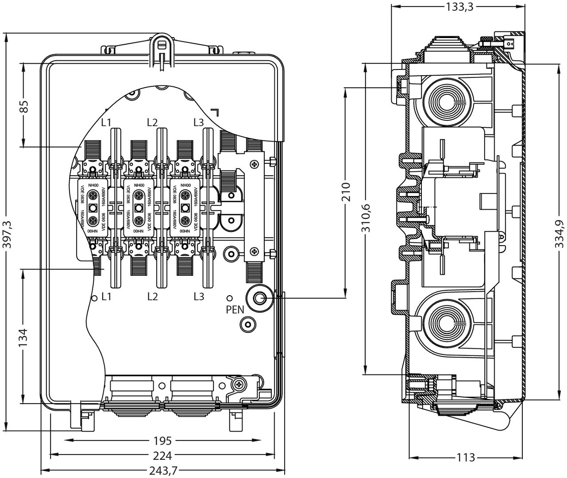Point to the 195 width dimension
click(x=162, y=441)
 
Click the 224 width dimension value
click(x=162, y=455)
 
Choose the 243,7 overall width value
click(x=162, y=470)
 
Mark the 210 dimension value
click(x=345, y=191)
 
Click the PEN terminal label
click(x=235, y=309)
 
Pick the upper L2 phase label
click(x=152, y=122)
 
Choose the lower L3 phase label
click(x=199, y=296)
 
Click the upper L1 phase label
click(x=106, y=122)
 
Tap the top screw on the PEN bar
click(x=254, y=165)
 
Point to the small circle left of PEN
click(x=229, y=298)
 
